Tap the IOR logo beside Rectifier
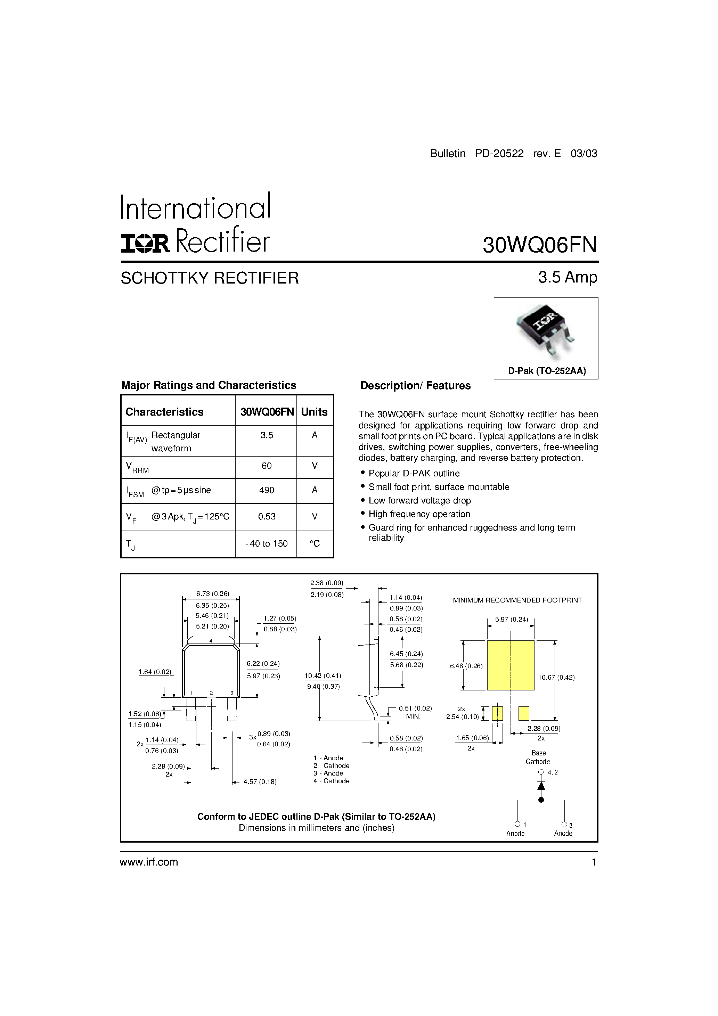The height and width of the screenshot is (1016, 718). pyautogui.click(x=145, y=243)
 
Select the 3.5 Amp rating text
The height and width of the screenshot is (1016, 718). pyautogui.click(x=568, y=277)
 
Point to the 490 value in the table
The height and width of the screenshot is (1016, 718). pyautogui.click(x=267, y=490)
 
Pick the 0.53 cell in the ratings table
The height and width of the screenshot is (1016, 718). pyautogui.click(x=267, y=516)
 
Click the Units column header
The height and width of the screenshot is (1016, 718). pyautogui.click(x=314, y=412)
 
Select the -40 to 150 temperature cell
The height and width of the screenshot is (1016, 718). pyautogui.click(x=267, y=543)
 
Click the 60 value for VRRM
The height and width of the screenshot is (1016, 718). pyautogui.click(x=267, y=466)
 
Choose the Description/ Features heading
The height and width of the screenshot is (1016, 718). pyautogui.click(x=415, y=385)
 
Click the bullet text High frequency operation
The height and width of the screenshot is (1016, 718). pyautogui.click(x=419, y=514)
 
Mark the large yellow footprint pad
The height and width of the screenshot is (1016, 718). pyautogui.click(x=511, y=665)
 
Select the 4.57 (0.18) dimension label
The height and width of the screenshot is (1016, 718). pyautogui.click(x=260, y=782)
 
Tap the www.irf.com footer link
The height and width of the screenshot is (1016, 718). pyautogui.click(x=149, y=862)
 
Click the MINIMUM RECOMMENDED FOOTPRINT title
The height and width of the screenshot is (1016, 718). pyautogui.click(x=517, y=600)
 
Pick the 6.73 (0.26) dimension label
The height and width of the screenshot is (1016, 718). pyautogui.click(x=212, y=594)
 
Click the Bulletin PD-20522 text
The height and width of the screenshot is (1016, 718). pyautogui.click(x=477, y=154)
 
